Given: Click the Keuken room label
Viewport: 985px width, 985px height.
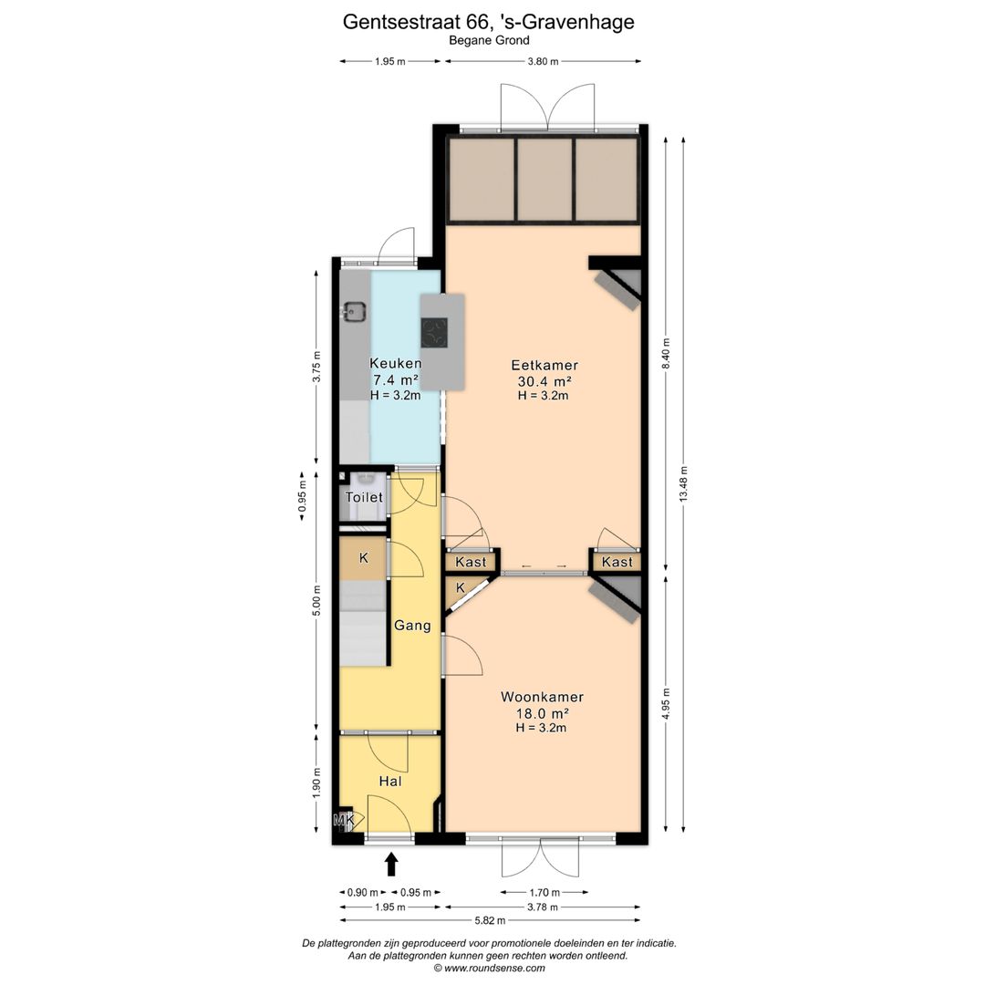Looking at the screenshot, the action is coord(395,363).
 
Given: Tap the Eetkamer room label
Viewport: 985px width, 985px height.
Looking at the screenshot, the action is coord(544,365).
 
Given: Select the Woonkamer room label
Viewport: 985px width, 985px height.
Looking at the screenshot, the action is coord(542,697).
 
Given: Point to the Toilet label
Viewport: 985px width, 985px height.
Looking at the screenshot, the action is coord(364,497).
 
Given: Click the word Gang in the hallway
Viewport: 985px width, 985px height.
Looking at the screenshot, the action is coord(412,626).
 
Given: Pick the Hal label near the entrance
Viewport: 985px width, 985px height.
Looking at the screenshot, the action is coord(390,781).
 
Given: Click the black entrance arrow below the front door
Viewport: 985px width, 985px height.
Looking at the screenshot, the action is coord(391,864).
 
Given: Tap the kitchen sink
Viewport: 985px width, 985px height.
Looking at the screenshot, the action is coord(354,312).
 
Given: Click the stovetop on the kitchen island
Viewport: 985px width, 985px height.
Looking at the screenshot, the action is coord(434,333).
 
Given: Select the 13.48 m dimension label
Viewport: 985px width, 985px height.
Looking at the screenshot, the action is coord(683,483).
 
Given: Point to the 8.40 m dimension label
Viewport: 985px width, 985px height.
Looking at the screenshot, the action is coord(666,353).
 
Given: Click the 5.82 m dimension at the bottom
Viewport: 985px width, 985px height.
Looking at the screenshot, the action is coord(490,921).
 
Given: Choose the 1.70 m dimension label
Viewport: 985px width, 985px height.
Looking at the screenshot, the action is coord(544,892).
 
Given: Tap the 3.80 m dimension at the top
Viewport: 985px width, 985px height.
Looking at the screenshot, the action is coord(543,62).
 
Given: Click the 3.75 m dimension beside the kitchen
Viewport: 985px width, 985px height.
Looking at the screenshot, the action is coord(316,367).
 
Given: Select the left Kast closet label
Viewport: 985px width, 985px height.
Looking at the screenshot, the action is coord(471,562).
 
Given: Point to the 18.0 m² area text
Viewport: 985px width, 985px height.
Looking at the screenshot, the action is coord(542,713).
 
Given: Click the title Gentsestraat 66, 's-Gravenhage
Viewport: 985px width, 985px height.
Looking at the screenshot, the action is coord(488,22).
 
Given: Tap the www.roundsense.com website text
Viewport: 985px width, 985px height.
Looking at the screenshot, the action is coord(494,968).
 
